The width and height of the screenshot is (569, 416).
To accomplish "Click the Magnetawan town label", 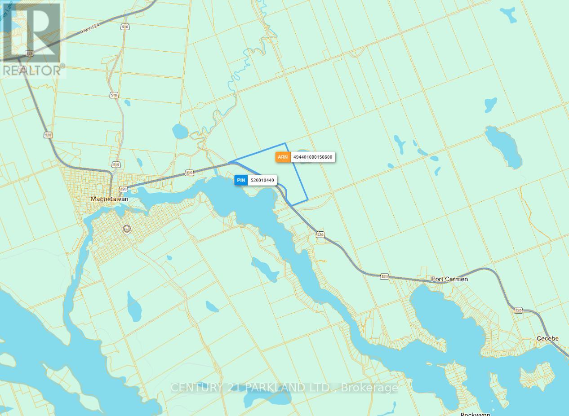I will [x=109, y=199].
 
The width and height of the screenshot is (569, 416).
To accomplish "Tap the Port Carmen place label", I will [x=449, y=279].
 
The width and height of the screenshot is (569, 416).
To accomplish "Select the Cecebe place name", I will [x=547, y=338].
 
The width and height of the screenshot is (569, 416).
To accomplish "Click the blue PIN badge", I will [x=241, y=180].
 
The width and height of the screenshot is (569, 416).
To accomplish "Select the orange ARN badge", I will [x=283, y=157].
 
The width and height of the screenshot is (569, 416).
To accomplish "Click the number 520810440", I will [x=262, y=180].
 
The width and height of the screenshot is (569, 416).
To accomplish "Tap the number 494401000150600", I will [x=312, y=157].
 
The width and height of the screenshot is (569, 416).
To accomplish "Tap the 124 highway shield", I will [x=30, y=53].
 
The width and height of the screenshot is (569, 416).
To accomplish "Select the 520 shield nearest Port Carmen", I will [x=384, y=276].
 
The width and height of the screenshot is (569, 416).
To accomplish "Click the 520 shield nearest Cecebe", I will [x=518, y=310].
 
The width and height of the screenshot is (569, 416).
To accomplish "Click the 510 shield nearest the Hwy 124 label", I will [x=124, y=27].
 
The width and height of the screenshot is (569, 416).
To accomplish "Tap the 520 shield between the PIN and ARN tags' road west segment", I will [x=189, y=173].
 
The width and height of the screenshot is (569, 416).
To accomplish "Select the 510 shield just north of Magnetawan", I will [x=116, y=165].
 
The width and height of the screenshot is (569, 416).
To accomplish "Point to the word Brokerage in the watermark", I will [x=369, y=387].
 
